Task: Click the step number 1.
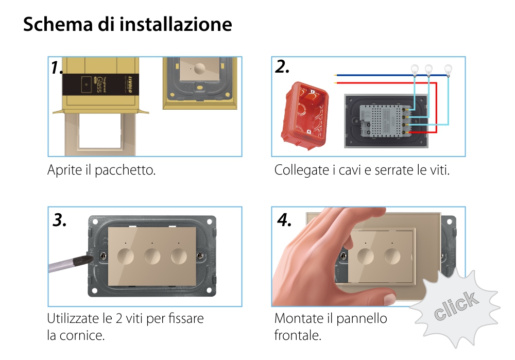point(57,67)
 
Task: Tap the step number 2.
point(282,67)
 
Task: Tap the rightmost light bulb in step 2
point(448,68)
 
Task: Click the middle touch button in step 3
point(152,255)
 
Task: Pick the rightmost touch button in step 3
point(179,255)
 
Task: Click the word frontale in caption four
point(298,336)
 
